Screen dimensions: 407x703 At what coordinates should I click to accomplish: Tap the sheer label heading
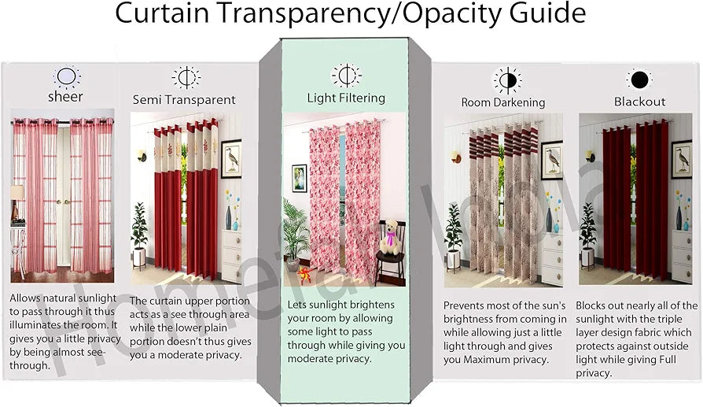pyautogui.click(x=66, y=98)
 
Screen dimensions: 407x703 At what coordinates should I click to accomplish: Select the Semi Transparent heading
pyautogui.click(x=184, y=100)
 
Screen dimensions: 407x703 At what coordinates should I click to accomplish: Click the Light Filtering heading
pyautogui.click(x=346, y=98)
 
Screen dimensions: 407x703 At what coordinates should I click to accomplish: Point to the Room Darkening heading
pyautogui.click(x=502, y=102)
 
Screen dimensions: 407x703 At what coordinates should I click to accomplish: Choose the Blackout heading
pyautogui.click(x=639, y=102)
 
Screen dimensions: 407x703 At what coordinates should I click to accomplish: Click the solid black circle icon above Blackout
pyautogui.click(x=639, y=80)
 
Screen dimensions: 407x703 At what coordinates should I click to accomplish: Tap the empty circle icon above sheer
pyautogui.click(x=67, y=77)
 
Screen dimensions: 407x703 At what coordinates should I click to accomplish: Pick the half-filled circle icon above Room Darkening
pyautogui.click(x=506, y=80)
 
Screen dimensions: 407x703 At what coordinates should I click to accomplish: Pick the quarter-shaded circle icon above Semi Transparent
pyautogui.click(x=186, y=78)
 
